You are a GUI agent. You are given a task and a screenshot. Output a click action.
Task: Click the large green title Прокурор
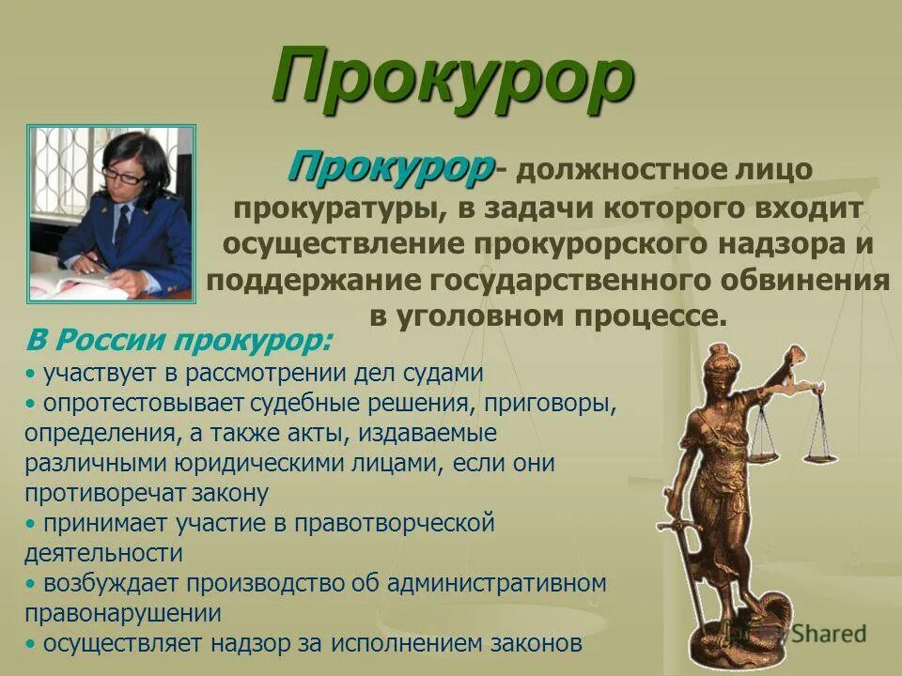pyautogui.click(x=452, y=81)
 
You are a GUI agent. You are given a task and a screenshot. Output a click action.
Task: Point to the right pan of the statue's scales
pyautogui.click(x=817, y=457)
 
